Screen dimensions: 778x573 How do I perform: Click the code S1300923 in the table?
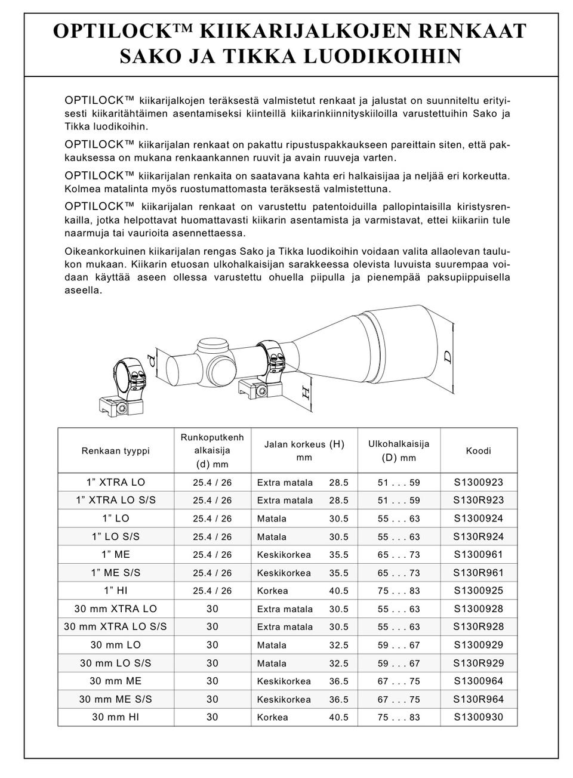[478, 482]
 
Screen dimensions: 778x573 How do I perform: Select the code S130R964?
[478, 699]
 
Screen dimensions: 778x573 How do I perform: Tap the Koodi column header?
[478, 451]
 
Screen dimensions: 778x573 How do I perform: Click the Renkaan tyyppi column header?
[115, 451]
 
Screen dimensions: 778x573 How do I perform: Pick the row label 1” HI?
[115, 591]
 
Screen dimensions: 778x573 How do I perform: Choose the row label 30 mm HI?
[115, 717]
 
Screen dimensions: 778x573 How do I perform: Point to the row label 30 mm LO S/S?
[115, 663]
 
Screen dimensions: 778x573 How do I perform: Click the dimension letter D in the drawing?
[448, 357]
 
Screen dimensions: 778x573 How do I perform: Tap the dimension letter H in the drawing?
[305, 393]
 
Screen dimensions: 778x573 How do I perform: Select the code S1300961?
[478, 554]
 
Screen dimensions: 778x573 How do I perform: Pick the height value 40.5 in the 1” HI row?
[338, 591]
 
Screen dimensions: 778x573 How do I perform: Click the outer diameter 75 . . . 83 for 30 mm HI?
[399, 717]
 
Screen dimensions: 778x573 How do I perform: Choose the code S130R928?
[478, 626]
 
